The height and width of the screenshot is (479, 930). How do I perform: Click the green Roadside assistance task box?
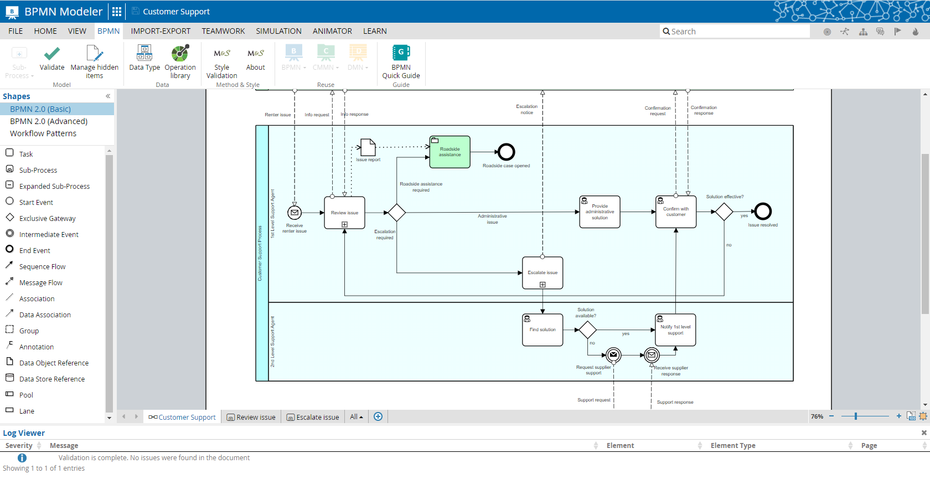449,152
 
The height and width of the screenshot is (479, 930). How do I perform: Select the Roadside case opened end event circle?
506,152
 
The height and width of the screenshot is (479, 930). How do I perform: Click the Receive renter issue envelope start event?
294,213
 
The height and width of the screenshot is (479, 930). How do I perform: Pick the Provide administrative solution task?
600,212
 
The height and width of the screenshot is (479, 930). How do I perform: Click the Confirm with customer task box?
676,212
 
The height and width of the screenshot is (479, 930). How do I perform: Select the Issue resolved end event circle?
763,211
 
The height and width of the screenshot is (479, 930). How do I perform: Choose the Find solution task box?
542,330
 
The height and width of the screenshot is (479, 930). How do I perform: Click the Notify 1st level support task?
675,330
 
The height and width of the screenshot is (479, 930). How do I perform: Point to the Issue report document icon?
368,147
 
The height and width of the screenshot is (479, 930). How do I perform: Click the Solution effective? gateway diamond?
724,212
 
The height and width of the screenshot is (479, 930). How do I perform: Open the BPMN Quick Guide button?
401,62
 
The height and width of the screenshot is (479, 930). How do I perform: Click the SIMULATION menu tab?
278,31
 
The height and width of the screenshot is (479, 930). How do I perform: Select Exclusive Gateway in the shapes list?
47,219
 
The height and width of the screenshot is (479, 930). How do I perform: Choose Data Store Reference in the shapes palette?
51,379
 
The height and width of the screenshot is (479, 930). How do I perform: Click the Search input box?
736,32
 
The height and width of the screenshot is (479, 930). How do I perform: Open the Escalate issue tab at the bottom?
313,417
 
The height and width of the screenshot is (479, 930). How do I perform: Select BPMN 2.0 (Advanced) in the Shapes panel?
49,121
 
